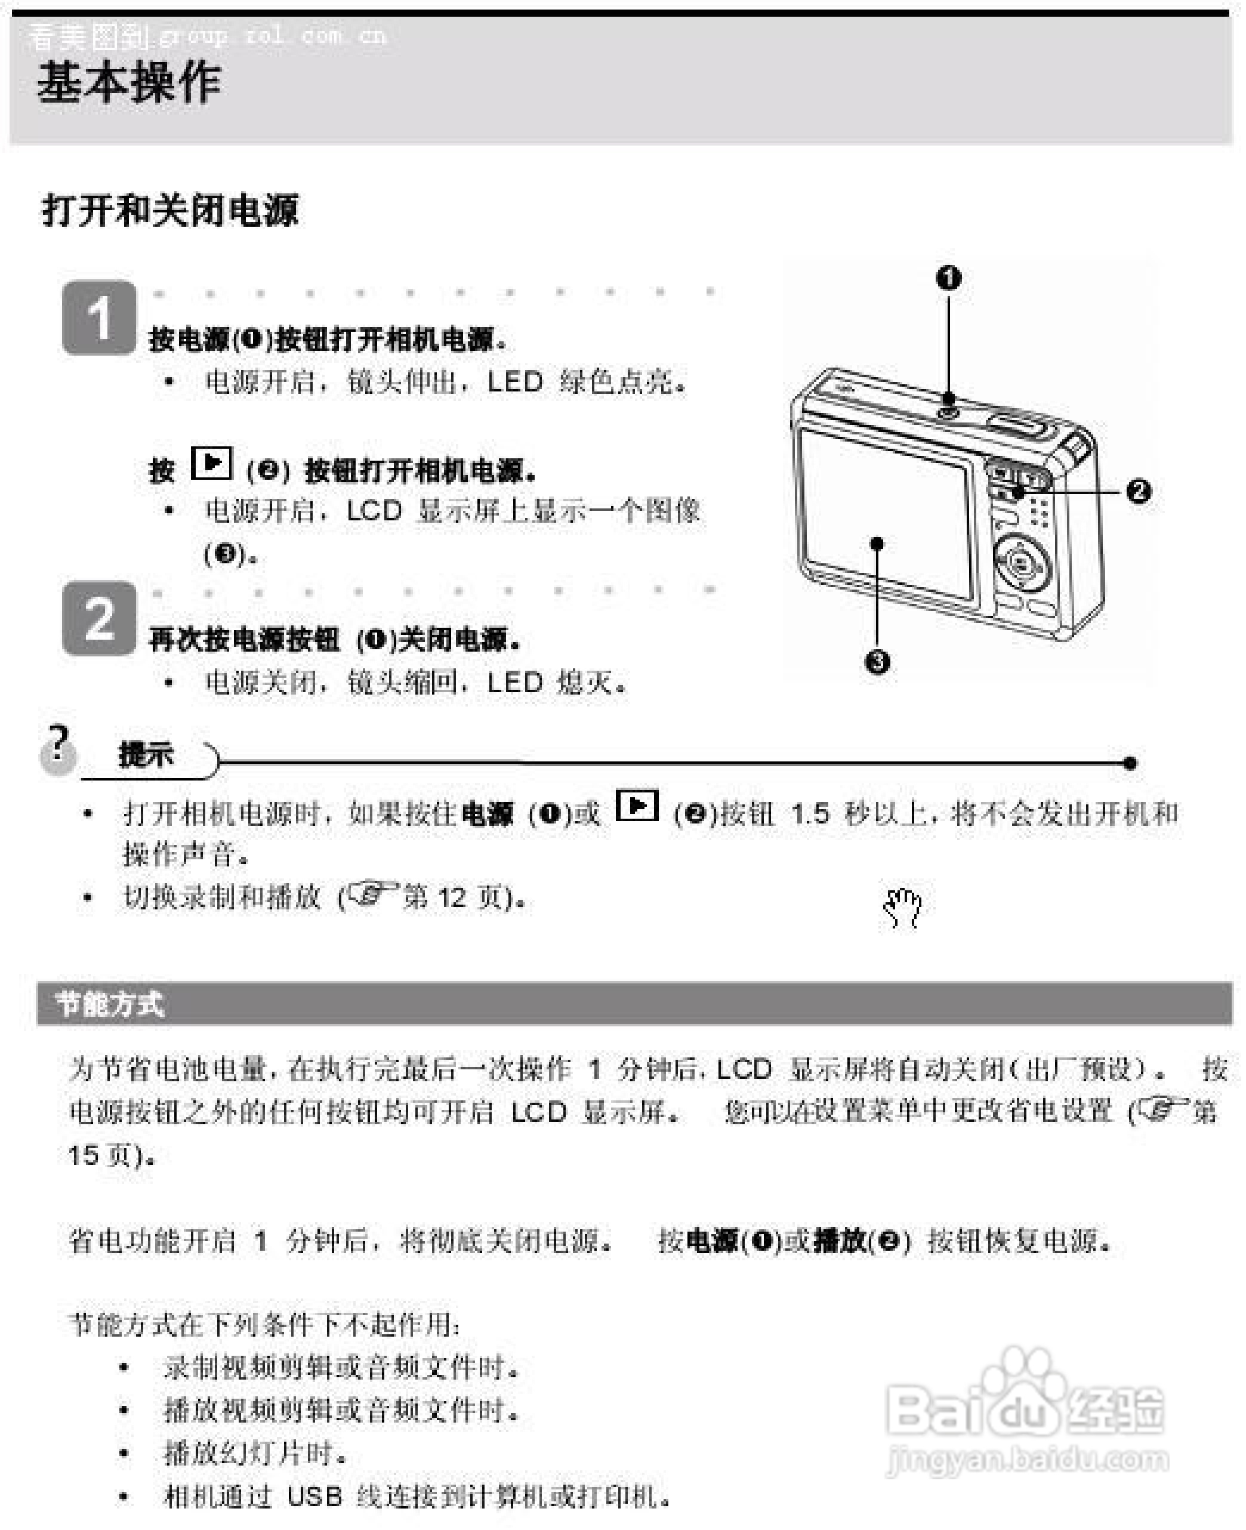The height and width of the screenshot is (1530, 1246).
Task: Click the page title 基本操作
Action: click(x=128, y=82)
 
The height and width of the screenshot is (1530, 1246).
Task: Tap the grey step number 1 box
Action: click(x=99, y=317)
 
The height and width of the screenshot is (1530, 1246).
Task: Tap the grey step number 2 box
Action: click(x=99, y=618)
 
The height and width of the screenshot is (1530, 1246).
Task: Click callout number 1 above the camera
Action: click(x=948, y=277)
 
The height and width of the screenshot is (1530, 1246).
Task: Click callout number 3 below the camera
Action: click(x=877, y=661)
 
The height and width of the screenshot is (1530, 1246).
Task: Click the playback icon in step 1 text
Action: click(x=212, y=463)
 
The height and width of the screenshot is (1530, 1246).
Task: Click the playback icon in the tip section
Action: click(x=637, y=806)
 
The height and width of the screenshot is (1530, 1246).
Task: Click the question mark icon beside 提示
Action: click(x=57, y=748)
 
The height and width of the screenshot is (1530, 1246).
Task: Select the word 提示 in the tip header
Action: click(x=146, y=754)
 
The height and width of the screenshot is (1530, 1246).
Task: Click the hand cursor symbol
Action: click(x=903, y=908)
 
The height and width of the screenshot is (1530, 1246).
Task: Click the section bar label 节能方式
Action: click(x=110, y=1004)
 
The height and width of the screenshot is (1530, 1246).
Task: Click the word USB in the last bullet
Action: click(x=314, y=1496)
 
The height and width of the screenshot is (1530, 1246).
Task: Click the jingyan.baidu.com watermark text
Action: click(x=1028, y=1460)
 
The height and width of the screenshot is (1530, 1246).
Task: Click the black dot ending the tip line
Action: click(x=1130, y=763)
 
